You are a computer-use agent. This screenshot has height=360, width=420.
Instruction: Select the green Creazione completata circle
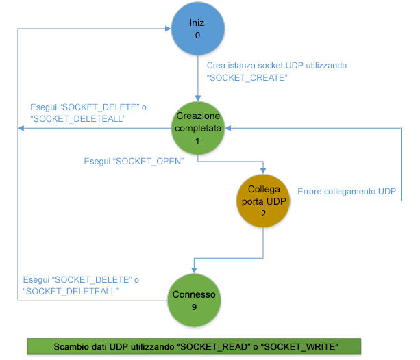[197, 127]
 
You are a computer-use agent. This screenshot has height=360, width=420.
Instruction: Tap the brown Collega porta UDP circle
[264, 201]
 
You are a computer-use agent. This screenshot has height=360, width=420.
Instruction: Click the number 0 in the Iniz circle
[197, 36]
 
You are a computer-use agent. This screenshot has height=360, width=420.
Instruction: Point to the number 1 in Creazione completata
[197, 140]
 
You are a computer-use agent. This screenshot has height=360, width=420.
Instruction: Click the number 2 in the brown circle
[264, 214]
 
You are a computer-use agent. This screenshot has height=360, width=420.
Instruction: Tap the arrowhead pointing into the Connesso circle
[195, 270]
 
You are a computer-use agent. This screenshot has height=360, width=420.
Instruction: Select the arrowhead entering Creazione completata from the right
[230, 127]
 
